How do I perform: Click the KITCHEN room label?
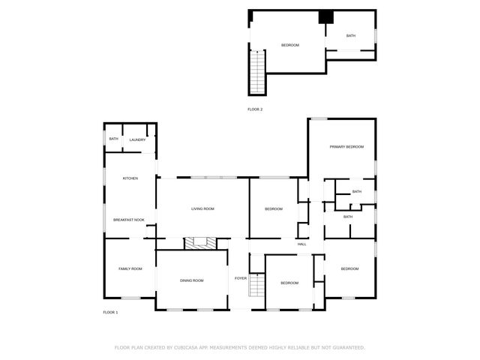click(x=130, y=178)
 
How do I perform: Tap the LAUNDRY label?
click(x=137, y=139)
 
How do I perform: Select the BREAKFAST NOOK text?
click(x=128, y=220)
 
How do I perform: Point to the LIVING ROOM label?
click(x=203, y=208)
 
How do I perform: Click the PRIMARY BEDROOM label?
click(x=346, y=146)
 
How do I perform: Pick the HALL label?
click(x=302, y=244)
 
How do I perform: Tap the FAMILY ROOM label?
click(x=130, y=268)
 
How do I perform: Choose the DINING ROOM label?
click(x=191, y=280)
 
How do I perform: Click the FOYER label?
click(x=241, y=278)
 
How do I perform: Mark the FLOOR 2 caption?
click(x=255, y=109)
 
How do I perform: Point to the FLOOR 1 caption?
click(x=110, y=312)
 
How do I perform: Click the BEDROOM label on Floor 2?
click(x=290, y=45)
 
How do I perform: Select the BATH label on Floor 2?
click(x=351, y=36)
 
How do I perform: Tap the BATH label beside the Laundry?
click(x=114, y=139)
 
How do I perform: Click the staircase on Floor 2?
click(x=258, y=71)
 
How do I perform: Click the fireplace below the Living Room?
click(x=200, y=242)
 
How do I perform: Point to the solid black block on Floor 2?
click(x=326, y=18)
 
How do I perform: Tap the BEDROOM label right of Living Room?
click(x=274, y=208)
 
